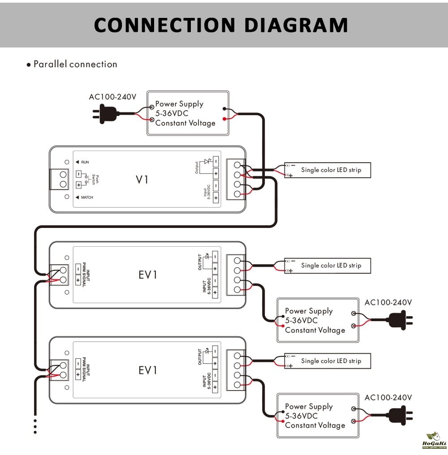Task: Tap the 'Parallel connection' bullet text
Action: pos(75,64)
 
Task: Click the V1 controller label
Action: pos(142,180)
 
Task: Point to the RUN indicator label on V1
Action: pos(85,162)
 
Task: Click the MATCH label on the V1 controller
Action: pos(87,197)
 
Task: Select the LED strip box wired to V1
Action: pos(327,170)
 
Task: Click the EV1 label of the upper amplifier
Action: pos(148,275)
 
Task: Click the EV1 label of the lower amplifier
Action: pos(148,370)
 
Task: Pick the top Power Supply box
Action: pos(188,113)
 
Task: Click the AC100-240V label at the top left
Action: pos(112,97)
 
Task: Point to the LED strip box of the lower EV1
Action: pos(327,361)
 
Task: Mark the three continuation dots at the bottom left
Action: pos(35,426)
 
